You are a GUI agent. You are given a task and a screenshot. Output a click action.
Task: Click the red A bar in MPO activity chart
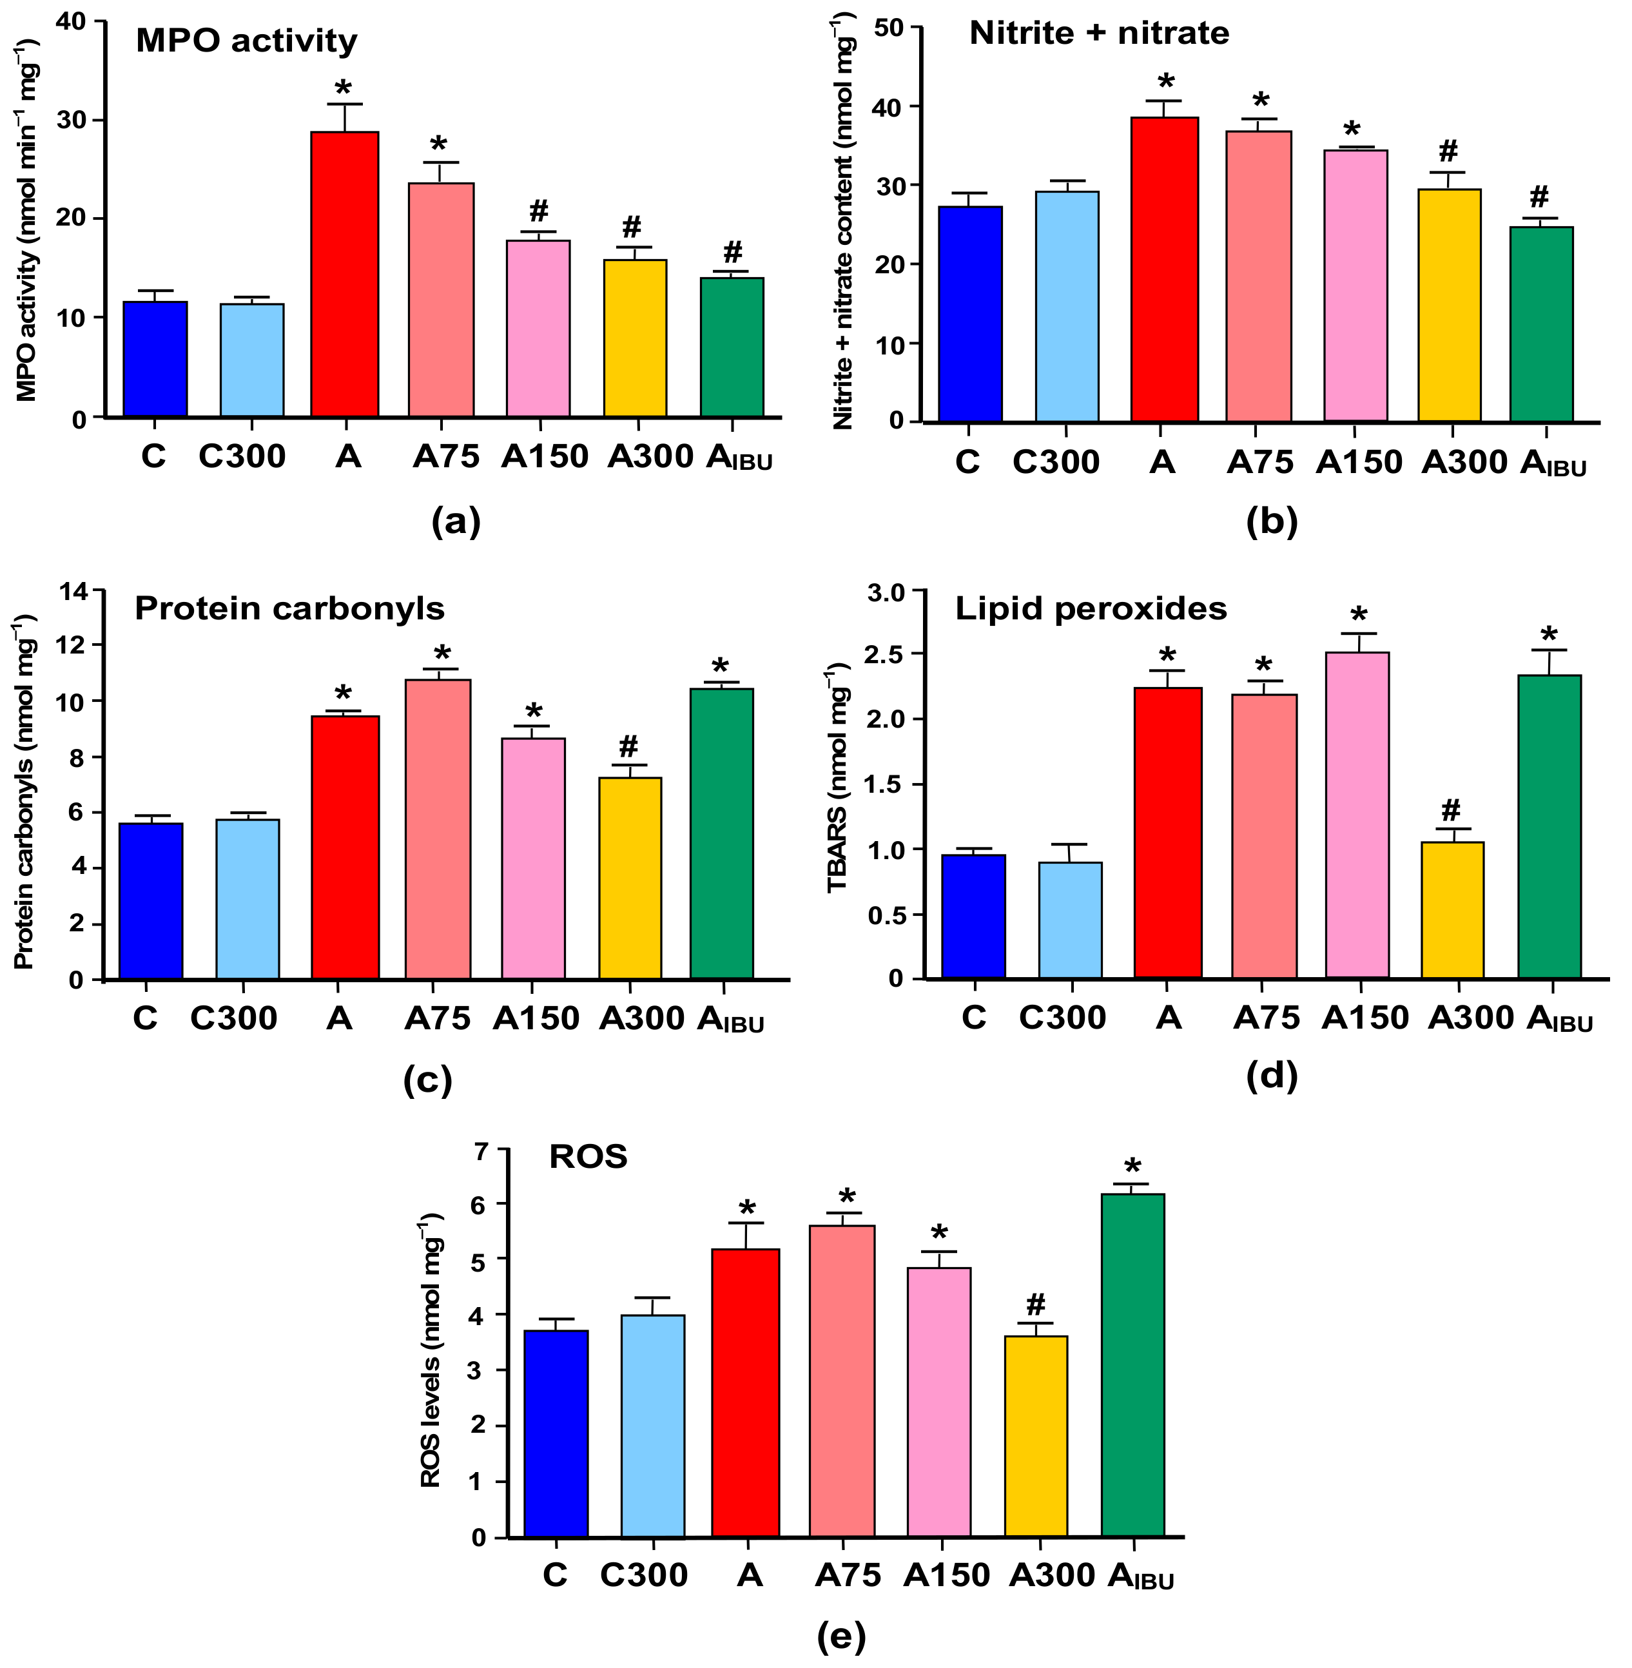click(345, 275)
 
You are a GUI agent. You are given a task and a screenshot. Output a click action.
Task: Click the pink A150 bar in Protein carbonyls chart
click(533, 858)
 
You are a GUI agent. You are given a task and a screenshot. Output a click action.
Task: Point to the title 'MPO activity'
click(246, 41)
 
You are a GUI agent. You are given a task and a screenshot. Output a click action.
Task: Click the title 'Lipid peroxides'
click(1091, 608)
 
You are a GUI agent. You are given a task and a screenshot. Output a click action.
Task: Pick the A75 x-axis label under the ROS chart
click(847, 1575)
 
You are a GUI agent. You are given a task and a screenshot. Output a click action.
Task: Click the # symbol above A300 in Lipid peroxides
click(1450, 808)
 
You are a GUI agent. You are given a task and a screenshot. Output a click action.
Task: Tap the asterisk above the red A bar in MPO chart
click(343, 88)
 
